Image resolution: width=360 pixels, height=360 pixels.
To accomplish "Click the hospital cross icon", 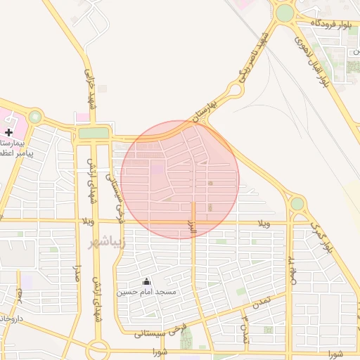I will click(8, 132).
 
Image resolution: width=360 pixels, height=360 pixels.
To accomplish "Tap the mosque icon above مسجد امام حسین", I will click(146, 281).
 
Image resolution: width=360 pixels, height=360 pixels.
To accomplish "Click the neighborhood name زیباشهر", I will click(106, 243).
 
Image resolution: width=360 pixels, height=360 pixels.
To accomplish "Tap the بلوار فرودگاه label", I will click(331, 25).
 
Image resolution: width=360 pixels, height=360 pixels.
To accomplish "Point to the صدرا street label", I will click(79, 274).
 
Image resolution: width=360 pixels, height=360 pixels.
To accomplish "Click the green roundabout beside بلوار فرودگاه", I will click(284, 13).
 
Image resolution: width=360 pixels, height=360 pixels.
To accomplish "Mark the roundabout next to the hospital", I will click(34, 117).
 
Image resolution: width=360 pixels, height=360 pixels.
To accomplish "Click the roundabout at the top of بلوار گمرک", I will click(297, 204).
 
